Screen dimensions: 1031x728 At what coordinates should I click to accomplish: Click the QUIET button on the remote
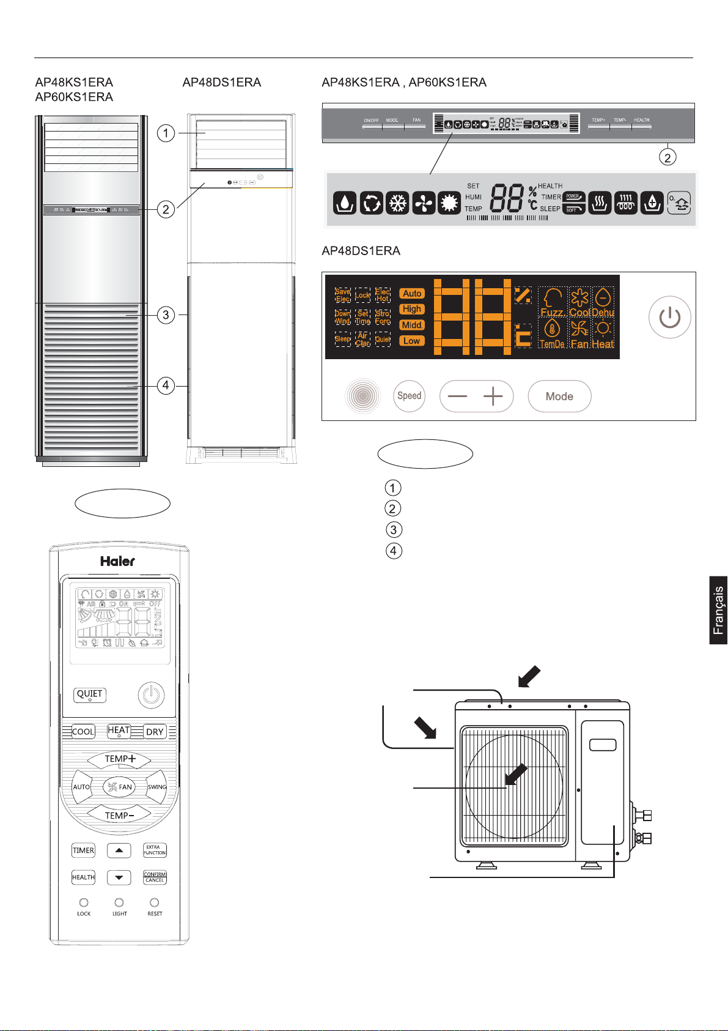point(90,694)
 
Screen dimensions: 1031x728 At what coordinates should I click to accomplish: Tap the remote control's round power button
point(151,695)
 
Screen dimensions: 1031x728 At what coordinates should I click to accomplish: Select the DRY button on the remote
point(155,732)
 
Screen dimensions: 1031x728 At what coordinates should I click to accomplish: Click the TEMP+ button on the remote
point(119,759)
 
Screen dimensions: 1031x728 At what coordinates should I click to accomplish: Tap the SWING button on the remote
point(156,787)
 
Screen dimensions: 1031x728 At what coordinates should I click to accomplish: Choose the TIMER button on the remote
point(83,850)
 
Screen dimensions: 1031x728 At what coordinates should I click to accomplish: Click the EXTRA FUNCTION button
point(155,850)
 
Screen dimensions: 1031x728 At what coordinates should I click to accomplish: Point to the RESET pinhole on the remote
point(155,903)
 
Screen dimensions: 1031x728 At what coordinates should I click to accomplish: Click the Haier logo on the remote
point(117,561)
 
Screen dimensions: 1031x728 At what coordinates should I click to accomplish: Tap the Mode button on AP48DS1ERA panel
point(559,396)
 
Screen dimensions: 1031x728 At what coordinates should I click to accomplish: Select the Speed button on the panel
point(409,396)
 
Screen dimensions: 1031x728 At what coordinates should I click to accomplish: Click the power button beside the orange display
point(670,318)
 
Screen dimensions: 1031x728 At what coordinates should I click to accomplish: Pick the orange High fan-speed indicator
point(412,309)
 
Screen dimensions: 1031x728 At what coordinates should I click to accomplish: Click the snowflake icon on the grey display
point(398,203)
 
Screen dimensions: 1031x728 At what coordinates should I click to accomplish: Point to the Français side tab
point(718,610)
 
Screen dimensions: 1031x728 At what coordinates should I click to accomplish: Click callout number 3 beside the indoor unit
point(166,315)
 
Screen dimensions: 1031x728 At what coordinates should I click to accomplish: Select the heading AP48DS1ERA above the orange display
point(361,251)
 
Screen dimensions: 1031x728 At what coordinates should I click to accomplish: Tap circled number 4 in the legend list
point(393,551)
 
